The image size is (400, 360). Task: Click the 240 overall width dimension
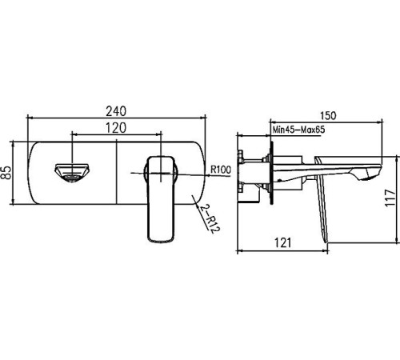[117, 102]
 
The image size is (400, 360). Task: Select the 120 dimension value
[117, 127]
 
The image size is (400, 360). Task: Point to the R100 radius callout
[220, 170]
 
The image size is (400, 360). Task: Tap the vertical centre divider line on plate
[117, 172]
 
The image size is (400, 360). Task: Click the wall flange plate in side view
[273, 171]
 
